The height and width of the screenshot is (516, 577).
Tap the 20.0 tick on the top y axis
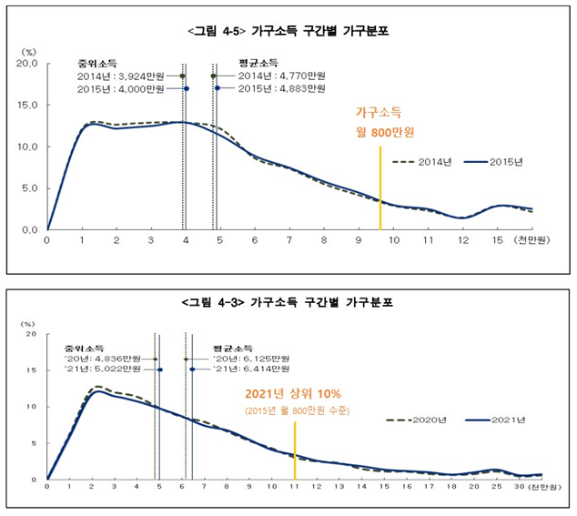pyautogui.click(x=25, y=66)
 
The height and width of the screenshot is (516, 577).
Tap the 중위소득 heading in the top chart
pyautogui.click(x=95, y=64)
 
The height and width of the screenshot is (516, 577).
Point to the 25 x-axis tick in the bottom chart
pyautogui.click(x=496, y=488)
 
